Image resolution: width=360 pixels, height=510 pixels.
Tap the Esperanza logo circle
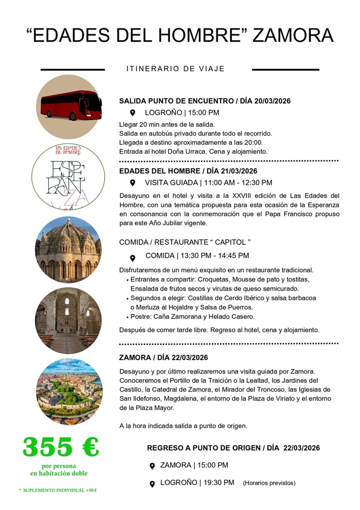click(69, 176)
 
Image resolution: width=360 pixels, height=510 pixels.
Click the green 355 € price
click(60, 447)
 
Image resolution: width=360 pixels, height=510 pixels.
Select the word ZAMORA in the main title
click(293, 35)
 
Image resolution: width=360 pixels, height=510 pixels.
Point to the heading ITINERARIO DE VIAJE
click(175, 69)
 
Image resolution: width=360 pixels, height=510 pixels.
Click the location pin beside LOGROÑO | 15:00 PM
click(133, 113)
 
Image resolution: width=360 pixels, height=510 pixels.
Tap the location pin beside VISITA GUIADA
click(133, 183)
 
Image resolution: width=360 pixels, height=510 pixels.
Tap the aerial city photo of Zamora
click(69, 391)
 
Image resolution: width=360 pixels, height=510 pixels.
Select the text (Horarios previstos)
click(269, 483)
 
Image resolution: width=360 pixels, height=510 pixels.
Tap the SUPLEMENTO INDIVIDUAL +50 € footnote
click(58, 490)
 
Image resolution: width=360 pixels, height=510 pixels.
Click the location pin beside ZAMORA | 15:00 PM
click(153, 466)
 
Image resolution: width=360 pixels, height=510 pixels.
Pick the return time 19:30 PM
click(217, 482)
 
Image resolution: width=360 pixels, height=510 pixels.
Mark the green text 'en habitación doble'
click(59, 473)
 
